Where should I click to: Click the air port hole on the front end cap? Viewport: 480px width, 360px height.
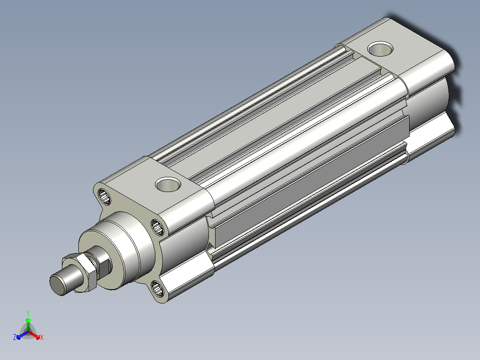click(168, 184)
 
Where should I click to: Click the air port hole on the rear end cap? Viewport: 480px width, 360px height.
click(380, 49)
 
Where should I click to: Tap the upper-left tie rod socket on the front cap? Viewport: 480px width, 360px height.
click(104, 196)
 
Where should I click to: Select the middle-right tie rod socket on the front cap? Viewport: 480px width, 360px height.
click(158, 227)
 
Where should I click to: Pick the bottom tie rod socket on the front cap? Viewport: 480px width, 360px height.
click(158, 288)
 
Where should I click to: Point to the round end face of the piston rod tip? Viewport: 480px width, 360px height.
click(57, 285)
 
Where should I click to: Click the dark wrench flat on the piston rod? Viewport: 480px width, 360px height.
click(104, 266)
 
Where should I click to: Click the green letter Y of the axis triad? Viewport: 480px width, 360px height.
click(28, 313)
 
